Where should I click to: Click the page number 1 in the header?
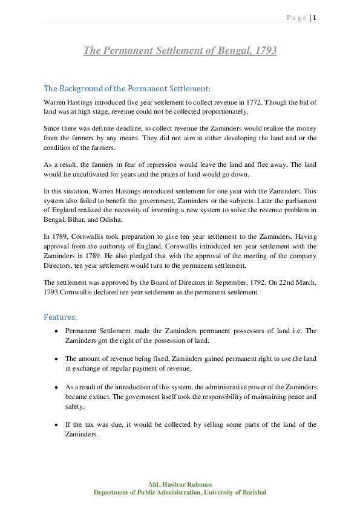click(x=315, y=17)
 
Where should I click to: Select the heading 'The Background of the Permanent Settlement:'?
click(x=127, y=88)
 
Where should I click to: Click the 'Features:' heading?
click(x=60, y=317)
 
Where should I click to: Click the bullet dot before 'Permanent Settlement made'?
click(x=56, y=331)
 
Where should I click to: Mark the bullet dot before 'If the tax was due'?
click(x=56, y=424)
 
